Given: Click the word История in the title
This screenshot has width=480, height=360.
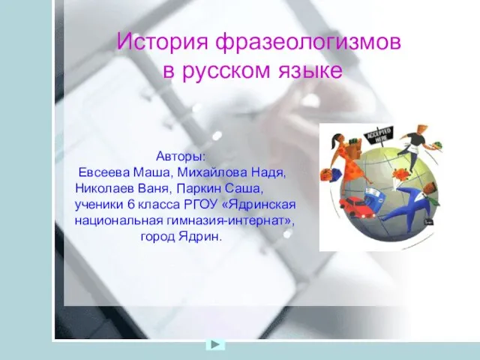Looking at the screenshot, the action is [162, 41].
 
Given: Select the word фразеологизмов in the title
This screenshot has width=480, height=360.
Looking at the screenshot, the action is [308, 43].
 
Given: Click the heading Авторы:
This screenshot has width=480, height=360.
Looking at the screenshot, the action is [181, 157].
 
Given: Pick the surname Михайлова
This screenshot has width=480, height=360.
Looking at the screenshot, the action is [212, 172].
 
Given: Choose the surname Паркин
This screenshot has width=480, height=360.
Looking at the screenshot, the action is [199, 188].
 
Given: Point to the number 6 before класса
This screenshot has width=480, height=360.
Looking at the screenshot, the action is [131, 204].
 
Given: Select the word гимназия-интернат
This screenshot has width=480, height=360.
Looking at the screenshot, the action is [229, 220].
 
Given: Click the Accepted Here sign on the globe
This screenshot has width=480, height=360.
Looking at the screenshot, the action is [378, 134].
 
